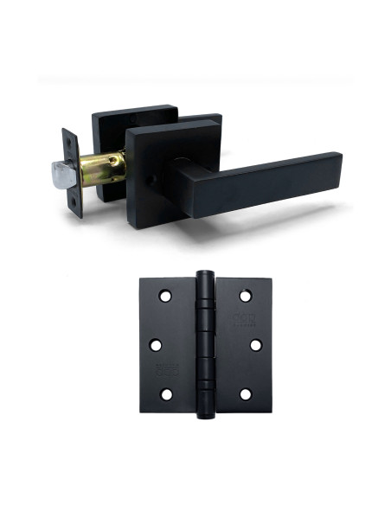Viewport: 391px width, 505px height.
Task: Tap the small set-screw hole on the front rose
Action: click(x=149, y=180)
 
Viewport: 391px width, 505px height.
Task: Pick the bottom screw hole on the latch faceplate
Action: click(x=74, y=201)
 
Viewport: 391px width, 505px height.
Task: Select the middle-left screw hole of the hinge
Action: click(x=156, y=345)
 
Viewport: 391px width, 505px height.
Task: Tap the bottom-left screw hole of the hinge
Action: click(x=165, y=394)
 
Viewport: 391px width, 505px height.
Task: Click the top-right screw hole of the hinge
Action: click(x=245, y=296)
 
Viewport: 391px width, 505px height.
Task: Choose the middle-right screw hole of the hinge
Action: click(x=255, y=345)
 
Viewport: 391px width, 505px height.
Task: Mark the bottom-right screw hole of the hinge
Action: click(x=245, y=394)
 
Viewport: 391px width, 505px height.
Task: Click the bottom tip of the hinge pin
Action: click(x=205, y=416)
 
